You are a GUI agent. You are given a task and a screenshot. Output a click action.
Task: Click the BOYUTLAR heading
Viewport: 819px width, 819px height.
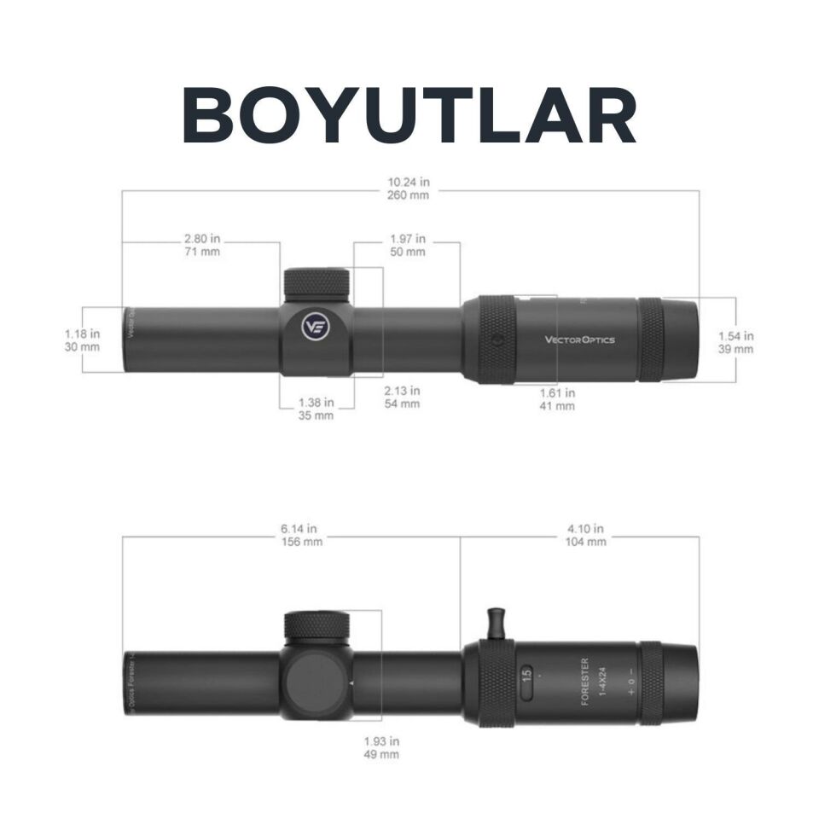click(x=409, y=116)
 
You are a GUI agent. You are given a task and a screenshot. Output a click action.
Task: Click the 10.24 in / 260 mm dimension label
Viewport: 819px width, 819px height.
click(x=408, y=188)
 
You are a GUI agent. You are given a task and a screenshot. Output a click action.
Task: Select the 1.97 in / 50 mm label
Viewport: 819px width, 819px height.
click(x=408, y=246)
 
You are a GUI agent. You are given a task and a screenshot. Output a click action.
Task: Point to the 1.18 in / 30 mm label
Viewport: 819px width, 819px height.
click(x=82, y=340)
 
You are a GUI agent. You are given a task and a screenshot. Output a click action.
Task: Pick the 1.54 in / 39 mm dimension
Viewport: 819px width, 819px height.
click(x=735, y=342)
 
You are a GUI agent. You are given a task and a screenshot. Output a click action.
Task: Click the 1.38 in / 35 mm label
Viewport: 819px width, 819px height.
click(x=316, y=409)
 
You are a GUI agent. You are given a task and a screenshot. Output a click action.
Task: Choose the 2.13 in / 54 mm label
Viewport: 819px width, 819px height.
click(x=403, y=397)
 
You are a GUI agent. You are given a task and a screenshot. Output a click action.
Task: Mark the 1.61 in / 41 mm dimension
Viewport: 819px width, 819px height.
click(x=557, y=399)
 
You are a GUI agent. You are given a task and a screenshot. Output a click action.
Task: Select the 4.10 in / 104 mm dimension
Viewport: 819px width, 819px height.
click(x=586, y=535)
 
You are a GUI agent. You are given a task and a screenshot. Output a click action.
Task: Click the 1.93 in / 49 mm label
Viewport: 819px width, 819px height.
click(x=381, y=748)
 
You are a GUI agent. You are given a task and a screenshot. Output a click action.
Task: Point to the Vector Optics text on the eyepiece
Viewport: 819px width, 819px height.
click(x=579, y=340)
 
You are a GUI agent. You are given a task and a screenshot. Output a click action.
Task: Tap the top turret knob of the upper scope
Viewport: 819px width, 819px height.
click(x=316, y=283)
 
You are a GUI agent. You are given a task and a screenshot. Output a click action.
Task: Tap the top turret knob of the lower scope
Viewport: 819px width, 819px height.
click(x=316, y=627)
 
